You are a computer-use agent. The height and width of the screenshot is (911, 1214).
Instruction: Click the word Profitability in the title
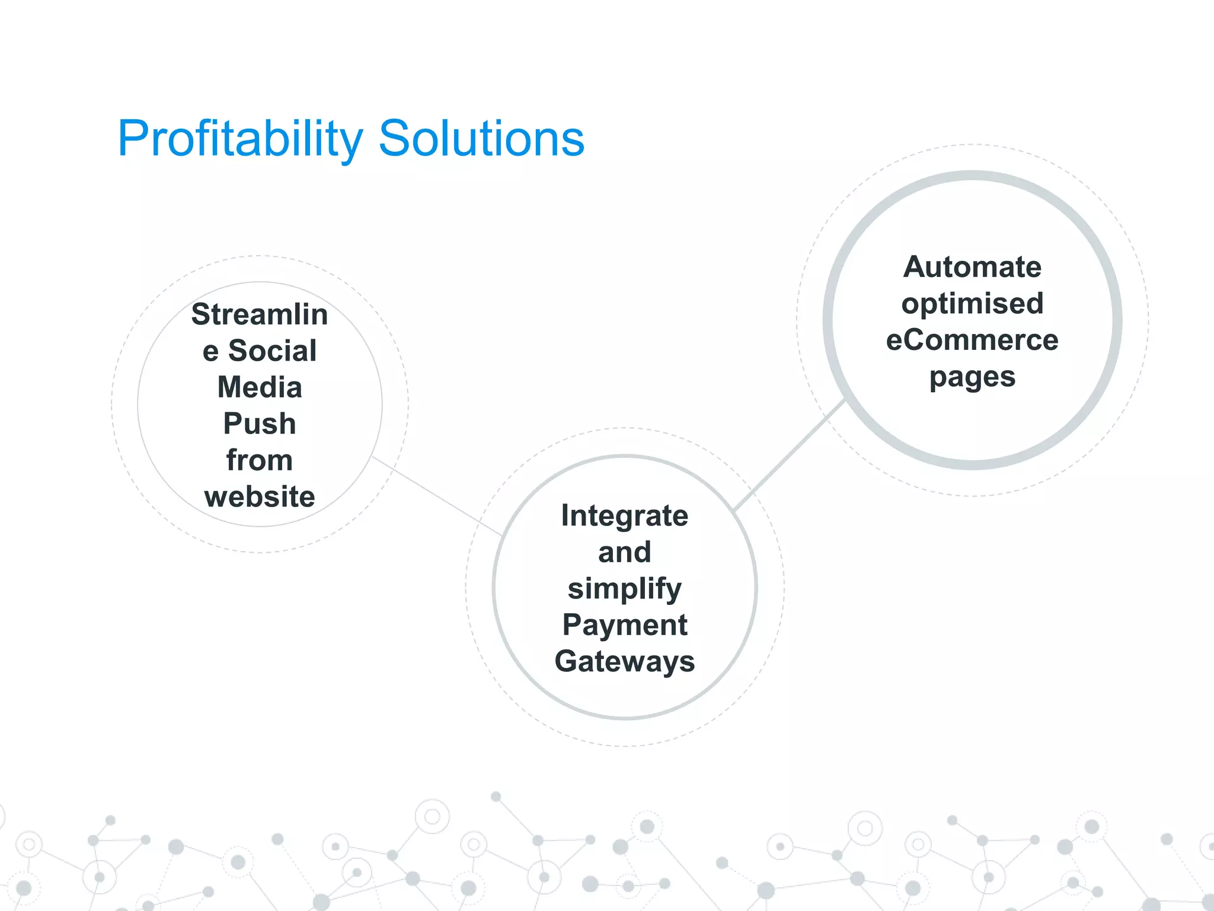(x=240, y=139)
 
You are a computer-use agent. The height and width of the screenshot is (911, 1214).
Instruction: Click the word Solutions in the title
(x=481, y=139)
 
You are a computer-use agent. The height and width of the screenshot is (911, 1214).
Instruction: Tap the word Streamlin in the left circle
(x=260, y=314)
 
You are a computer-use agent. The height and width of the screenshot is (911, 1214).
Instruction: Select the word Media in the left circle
(x=260, y=387)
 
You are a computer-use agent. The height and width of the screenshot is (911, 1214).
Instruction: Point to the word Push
(x=260, y=423)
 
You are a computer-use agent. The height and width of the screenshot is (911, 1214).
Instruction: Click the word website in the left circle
(x=260, y=496)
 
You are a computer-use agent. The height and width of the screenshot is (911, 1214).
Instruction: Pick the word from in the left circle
(x=260, y=460)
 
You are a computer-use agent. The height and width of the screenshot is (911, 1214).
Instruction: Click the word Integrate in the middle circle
(x=625, y=515)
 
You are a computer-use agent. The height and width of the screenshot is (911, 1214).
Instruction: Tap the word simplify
(x=625, y=589)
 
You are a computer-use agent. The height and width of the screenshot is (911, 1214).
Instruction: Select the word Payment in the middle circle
(x=625, y=625)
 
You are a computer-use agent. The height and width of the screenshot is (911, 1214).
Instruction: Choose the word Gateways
(x=625, y=661)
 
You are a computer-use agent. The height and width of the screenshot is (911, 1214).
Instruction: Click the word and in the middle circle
(x=625, y=552)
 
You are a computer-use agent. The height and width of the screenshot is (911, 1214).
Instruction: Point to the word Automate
(x=972, y=267)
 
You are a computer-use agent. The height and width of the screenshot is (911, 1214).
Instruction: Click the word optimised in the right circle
(x=972, y=304)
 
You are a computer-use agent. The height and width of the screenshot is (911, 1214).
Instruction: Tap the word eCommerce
(x=972, y=340)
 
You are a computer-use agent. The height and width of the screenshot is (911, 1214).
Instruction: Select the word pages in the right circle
(x=972, y=377)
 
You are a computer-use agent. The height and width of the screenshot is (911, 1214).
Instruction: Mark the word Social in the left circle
(x=273, y=351)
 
